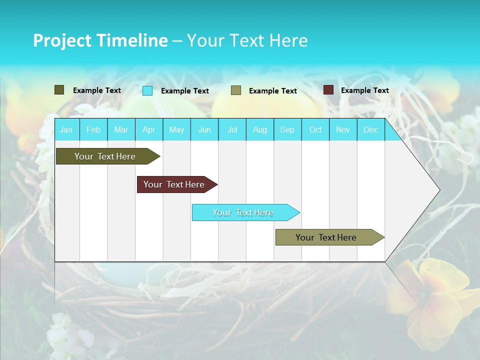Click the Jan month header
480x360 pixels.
(x=66, y=129)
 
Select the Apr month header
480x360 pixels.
(x=149, y=129)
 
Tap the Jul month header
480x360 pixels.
(x=232, y=129)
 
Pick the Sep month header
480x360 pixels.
(x=287, y=129)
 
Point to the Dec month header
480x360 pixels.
(x=370, y=129)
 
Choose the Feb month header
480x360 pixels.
(x=93, y=129)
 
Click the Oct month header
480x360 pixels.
(x=315, y=129)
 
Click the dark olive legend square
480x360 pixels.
(x=59, y=90)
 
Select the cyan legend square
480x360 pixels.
(x=147, y=90)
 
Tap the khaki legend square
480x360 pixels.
(x=236, y=90)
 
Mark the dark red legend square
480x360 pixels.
(x=328, y=90)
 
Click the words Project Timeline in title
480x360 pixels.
(x=100, y=40)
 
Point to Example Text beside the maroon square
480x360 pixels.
(x=364, y=90)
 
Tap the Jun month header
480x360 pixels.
(x=204, y=129)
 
